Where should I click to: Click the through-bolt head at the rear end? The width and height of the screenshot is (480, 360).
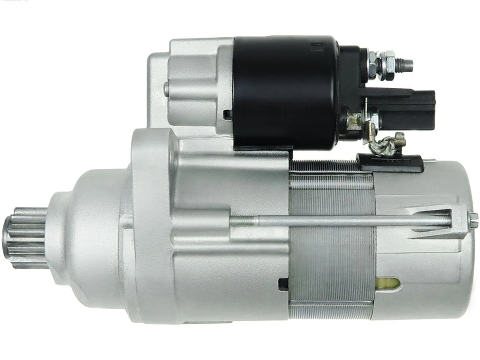[x=472, y=219]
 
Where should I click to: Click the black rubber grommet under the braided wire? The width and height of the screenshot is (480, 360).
[x=391, y=162]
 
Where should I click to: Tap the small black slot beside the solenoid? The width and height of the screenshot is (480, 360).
[x=228, y=115]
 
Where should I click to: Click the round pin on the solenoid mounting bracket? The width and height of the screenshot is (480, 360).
[x=166, y=89]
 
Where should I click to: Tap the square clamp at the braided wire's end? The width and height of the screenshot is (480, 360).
[x=400, y=139]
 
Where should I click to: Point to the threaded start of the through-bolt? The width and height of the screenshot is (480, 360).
[x=240, y=218]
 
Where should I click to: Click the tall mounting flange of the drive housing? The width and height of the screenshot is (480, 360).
[x=149, y=222]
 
